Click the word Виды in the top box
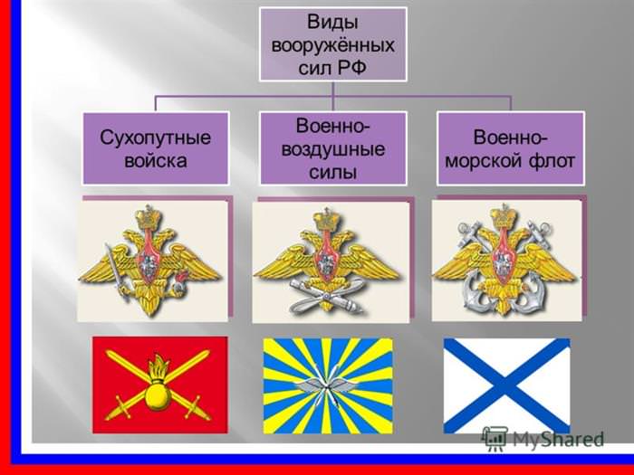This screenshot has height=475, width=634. (x=332, y=23)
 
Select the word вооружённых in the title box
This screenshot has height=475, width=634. (x=332, y=45)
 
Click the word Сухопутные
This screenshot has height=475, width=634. (x=155, y=138)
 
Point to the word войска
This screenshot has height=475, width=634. (x=155, y=161)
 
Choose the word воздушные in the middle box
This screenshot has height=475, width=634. (x=332, y=150)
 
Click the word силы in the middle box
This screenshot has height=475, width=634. (x=332, y=173)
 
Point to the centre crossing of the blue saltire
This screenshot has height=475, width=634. (x=506, y=385)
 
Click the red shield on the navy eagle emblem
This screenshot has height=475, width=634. (x=503, y=264)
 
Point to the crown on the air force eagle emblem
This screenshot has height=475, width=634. (x=326, y=221)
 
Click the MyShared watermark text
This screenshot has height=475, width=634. (x=558, y=439)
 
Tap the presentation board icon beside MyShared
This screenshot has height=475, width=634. (x=495, y=438)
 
